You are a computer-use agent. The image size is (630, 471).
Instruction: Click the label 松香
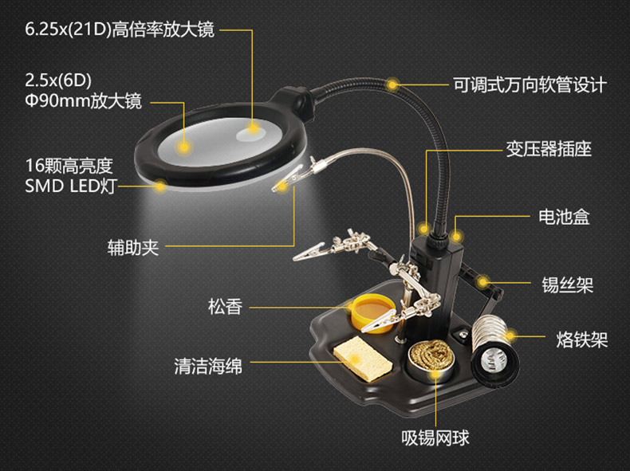(225, 306)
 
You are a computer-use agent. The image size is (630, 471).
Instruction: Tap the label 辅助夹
(134, 247)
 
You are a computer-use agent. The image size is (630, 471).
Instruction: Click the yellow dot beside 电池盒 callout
(457, 236)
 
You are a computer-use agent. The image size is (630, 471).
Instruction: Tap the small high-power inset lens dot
(254, 126)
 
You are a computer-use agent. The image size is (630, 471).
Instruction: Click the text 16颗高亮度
(69, 167)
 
